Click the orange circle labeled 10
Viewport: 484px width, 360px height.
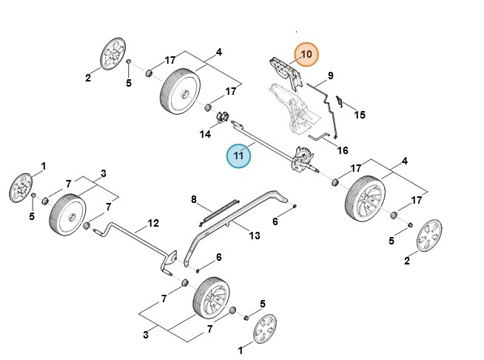coord(306,55)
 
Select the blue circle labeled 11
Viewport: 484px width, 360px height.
coord(239,156)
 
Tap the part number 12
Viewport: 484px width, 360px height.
coord(153,222)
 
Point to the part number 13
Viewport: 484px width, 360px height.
coord(254,236)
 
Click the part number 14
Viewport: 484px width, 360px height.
coord(205,134)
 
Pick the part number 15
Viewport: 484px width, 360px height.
coord(360,115)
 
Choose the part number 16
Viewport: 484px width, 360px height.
coord(343,150)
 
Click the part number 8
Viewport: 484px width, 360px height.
coord(194,199)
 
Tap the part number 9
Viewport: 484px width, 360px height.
coord(330,75)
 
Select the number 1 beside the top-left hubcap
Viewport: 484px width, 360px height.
coord(42,167)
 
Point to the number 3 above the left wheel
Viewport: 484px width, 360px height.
coord(103,173)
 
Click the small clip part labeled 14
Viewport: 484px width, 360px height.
coord(221,117)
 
